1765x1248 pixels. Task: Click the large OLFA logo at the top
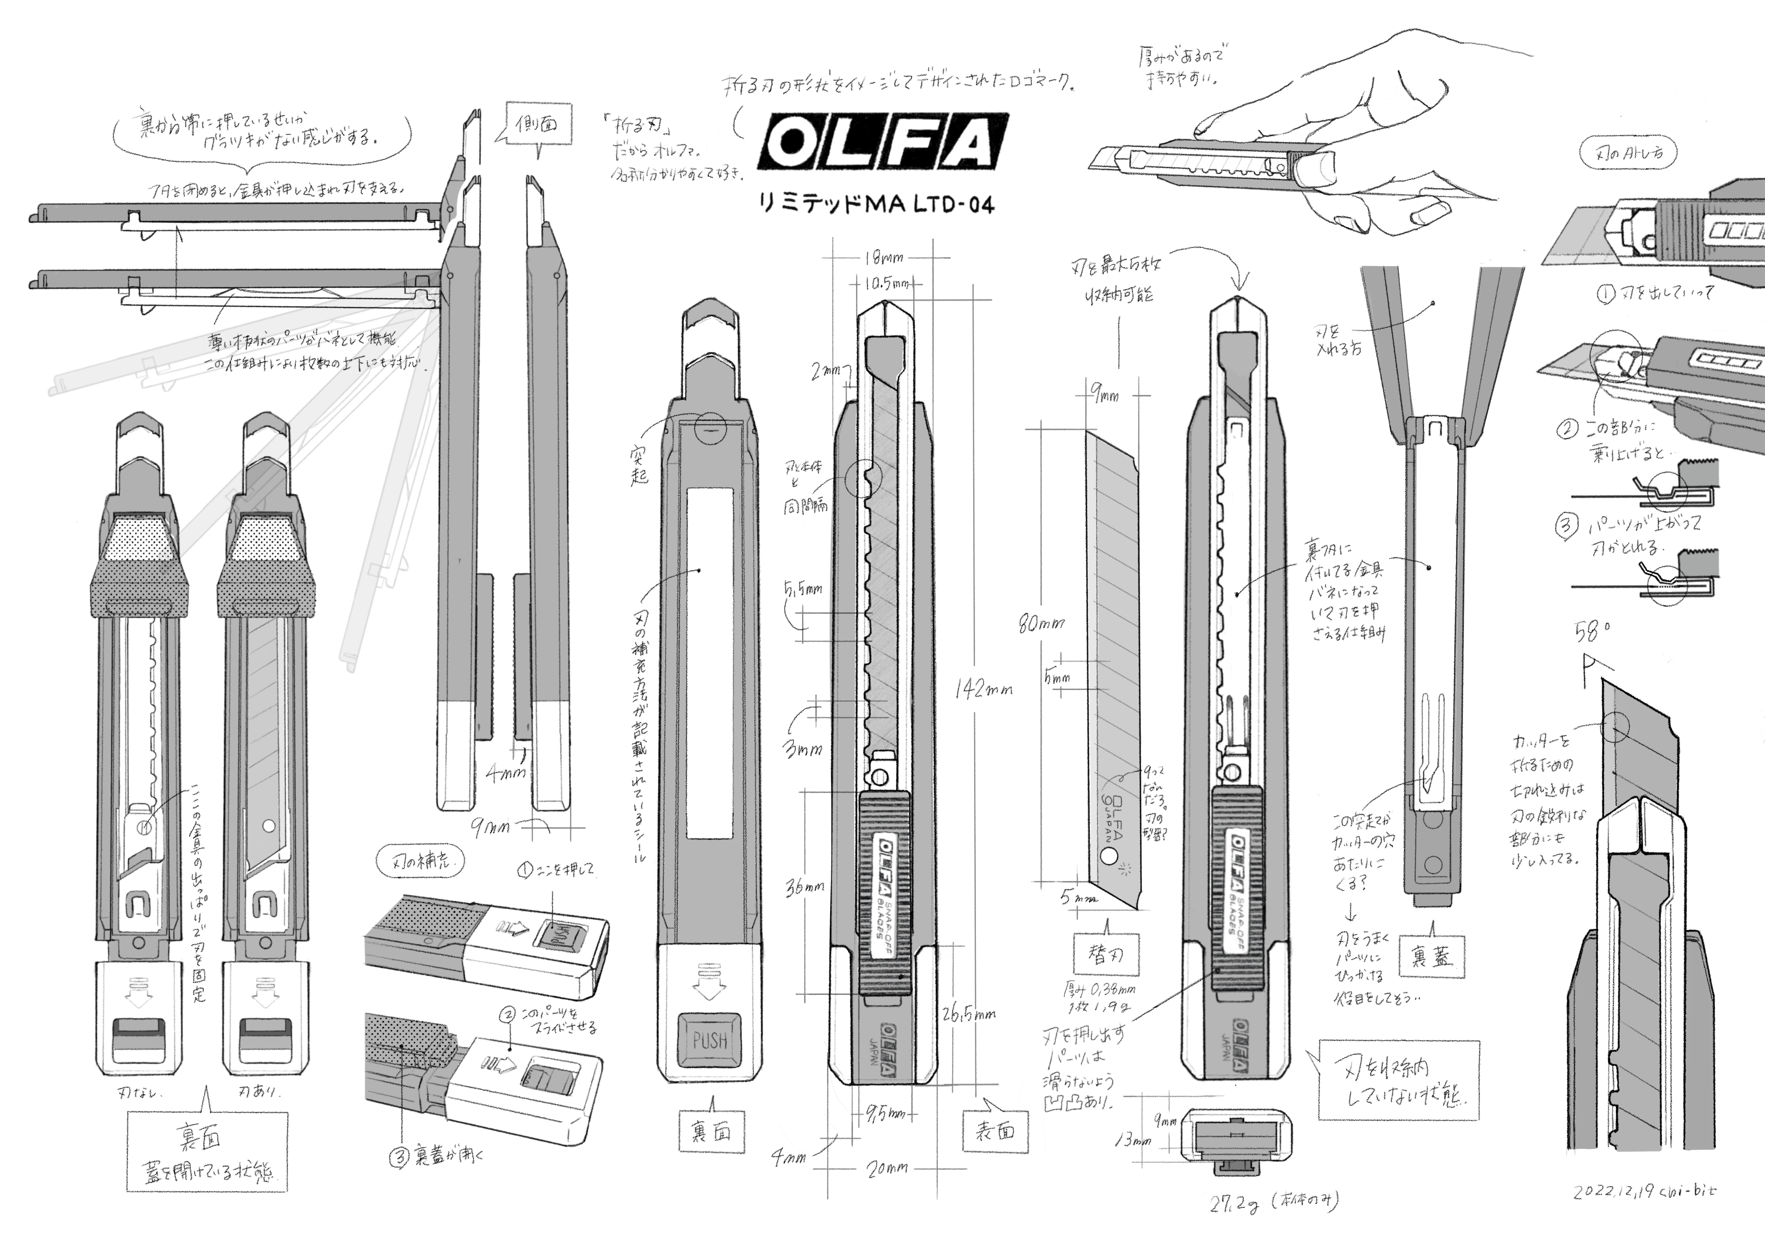pos(882,144)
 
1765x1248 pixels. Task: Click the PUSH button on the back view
pos(709,1041)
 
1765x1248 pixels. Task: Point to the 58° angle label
pos(1592,632)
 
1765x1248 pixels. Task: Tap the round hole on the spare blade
pos(1109,856)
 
